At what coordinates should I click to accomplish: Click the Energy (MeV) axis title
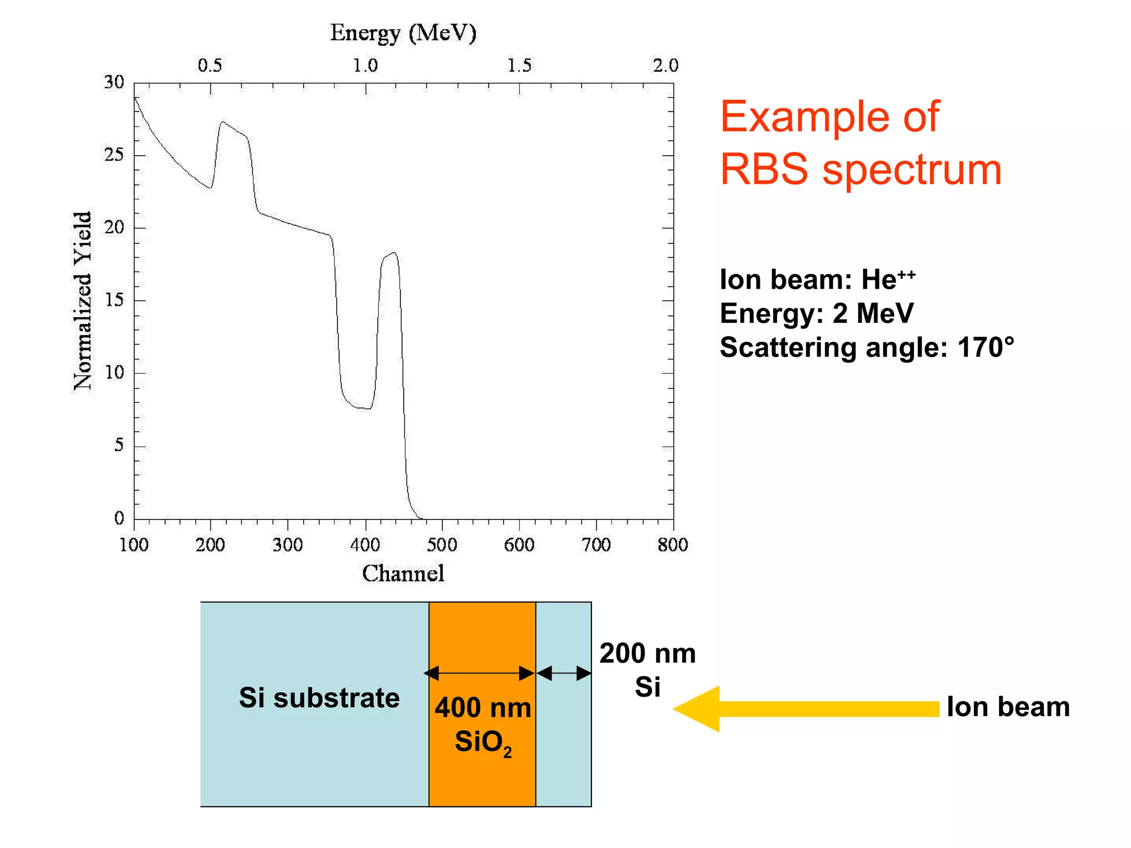coord(403,33)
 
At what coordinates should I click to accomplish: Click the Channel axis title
coord(403,574)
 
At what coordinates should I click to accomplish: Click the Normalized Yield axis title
coord(83,301)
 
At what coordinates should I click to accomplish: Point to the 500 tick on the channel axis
coord(442,545)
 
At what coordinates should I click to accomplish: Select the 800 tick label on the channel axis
coord(673,545)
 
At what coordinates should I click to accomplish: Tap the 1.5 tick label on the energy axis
coord(519,65)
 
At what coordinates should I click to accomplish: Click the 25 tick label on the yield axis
coord(114,155)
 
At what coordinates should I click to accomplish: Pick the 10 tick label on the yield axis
coord(114,373)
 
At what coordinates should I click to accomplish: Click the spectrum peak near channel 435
coord(393,253)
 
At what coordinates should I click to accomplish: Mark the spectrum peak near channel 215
coord(222,122)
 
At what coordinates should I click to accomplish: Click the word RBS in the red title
coord(764,169)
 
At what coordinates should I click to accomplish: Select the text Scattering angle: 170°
coord(867,348)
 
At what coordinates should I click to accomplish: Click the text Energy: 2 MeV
coord(816,314)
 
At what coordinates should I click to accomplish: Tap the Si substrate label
coord(319,698)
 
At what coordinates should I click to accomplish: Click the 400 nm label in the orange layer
coord(483,708)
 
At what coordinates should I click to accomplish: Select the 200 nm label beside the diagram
coord(647,654)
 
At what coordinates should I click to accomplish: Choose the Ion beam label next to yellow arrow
coord(1008,707)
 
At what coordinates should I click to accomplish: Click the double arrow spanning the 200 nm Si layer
coord(564,673)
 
